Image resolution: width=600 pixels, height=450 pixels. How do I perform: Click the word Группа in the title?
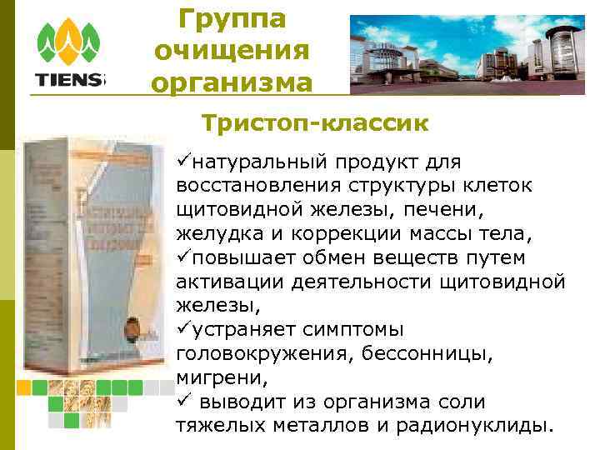pyautogui.click(x=232, y=19)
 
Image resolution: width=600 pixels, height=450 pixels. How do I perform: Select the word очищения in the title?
pyautogui.click(x=232, y=51)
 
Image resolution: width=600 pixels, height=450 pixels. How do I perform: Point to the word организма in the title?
pyautogui.click(x=232, y=82)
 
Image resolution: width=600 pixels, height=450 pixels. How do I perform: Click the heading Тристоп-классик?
pyautogui.click(x=315, y=123)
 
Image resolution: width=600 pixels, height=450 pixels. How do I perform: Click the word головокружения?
pyautogui.click(x=262, y=355)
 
